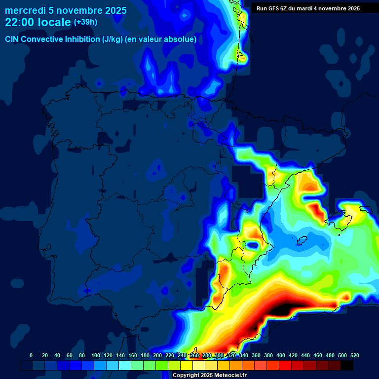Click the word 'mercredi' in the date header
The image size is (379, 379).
tap(25, 10)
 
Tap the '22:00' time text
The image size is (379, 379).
tap(19, 22)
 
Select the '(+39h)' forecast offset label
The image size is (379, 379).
tap(86, 22)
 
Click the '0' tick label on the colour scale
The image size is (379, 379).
tap(31, 355)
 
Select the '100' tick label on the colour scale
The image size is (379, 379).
tap(96, 355)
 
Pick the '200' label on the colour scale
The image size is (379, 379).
tap(157, 355)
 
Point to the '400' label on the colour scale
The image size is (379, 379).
tap(281, 355)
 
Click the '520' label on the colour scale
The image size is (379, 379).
tap(355, 355)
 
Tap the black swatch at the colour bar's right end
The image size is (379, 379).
tap(347, 365)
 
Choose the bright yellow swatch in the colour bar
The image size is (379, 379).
tap(187, 365)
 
